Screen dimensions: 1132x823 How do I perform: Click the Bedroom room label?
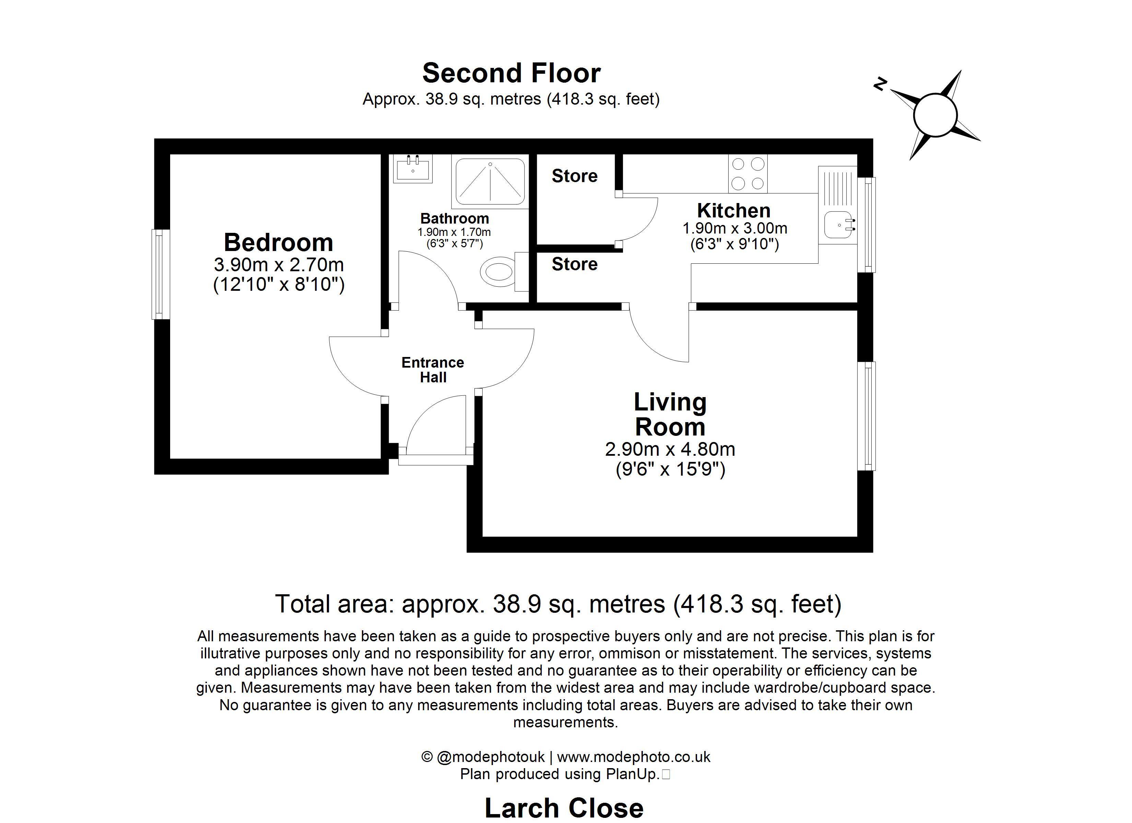pos(279,242)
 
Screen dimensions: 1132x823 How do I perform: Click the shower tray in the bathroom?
pos(490,182)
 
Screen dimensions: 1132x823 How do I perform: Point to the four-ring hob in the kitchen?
pos(748,174)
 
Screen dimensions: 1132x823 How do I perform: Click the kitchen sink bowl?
pos(838,225)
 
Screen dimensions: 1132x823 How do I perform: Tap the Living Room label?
pos(670,414)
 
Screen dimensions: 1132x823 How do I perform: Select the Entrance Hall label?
pos(433,370)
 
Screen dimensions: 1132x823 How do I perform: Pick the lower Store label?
pos(575,264)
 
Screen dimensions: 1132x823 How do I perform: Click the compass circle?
pos(935,115)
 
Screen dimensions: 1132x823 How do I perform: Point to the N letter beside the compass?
pos(880,84)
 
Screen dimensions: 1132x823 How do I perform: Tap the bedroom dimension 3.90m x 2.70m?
pos(279,264)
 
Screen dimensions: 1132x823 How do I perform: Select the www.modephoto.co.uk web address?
pos(633,757)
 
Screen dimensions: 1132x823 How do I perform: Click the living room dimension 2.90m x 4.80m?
pos(670,449)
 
